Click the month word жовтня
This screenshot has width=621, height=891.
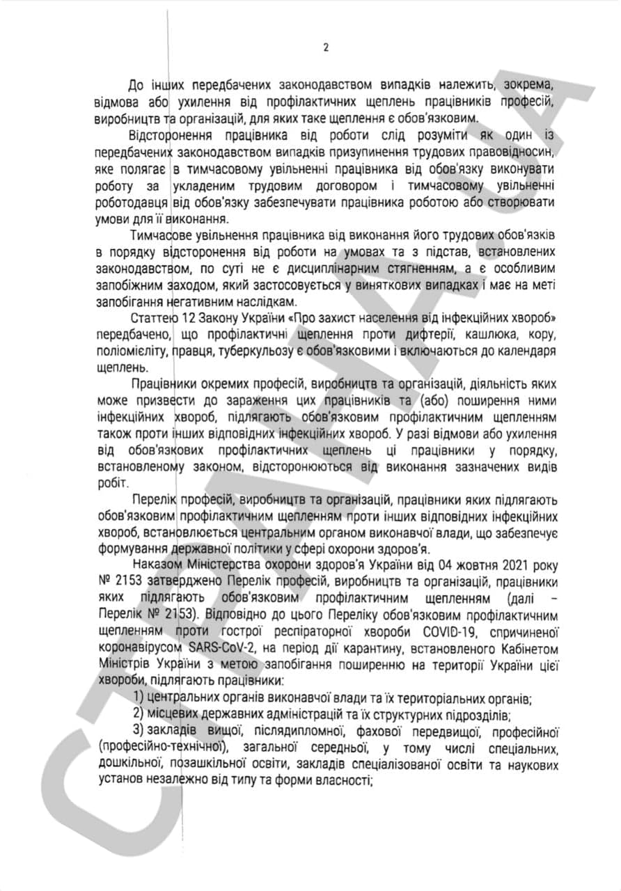click(x=463, y=563)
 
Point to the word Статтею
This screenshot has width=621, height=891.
click(x=151, y=318)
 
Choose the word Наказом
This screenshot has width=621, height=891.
click(x=152, y=563)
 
